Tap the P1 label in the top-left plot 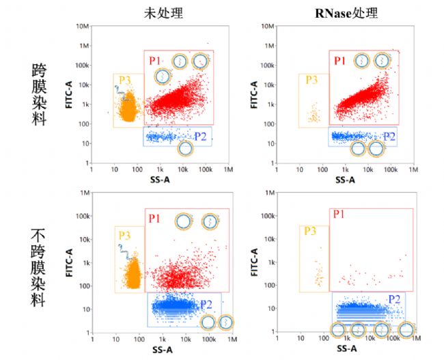pos(155,59)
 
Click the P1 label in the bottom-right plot pos(339,215)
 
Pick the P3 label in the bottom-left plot pos(124,235)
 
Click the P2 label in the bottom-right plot pos(394,299)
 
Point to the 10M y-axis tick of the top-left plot pos(83,26)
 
